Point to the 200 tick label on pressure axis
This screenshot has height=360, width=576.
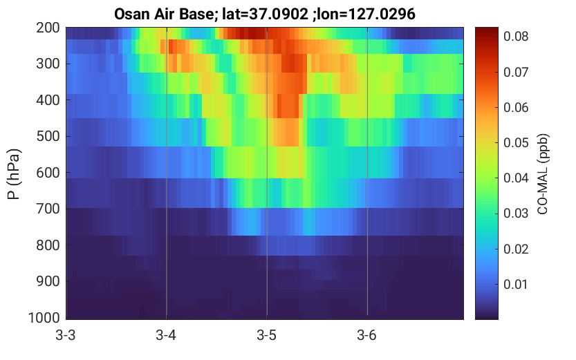coord(48,28)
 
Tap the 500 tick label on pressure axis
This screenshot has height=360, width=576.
coord(48,136)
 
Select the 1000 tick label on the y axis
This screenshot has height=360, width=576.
coord(44,318)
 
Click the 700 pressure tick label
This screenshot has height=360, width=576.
coord(48,209)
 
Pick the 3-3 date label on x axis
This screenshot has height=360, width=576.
coord(66,335)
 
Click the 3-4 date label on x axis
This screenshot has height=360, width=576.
coord(166,335)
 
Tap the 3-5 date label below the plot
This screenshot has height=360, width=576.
coord(267,335)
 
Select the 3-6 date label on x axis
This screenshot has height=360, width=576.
coord(367,335)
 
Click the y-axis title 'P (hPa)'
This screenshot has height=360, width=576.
coord(14,174)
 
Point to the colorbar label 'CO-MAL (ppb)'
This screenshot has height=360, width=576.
coord(543,174)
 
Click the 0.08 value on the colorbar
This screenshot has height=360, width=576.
coord(516,37)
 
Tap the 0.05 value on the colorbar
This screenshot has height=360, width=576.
coord(516,143)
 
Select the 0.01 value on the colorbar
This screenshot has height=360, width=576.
coord(516,285)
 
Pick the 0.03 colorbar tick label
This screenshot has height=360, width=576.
coord(516,214)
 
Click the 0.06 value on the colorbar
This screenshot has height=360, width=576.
coord(516,108)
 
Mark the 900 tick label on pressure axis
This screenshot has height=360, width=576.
coord(48,281)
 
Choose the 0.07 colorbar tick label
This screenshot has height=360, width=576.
coord(516,72)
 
